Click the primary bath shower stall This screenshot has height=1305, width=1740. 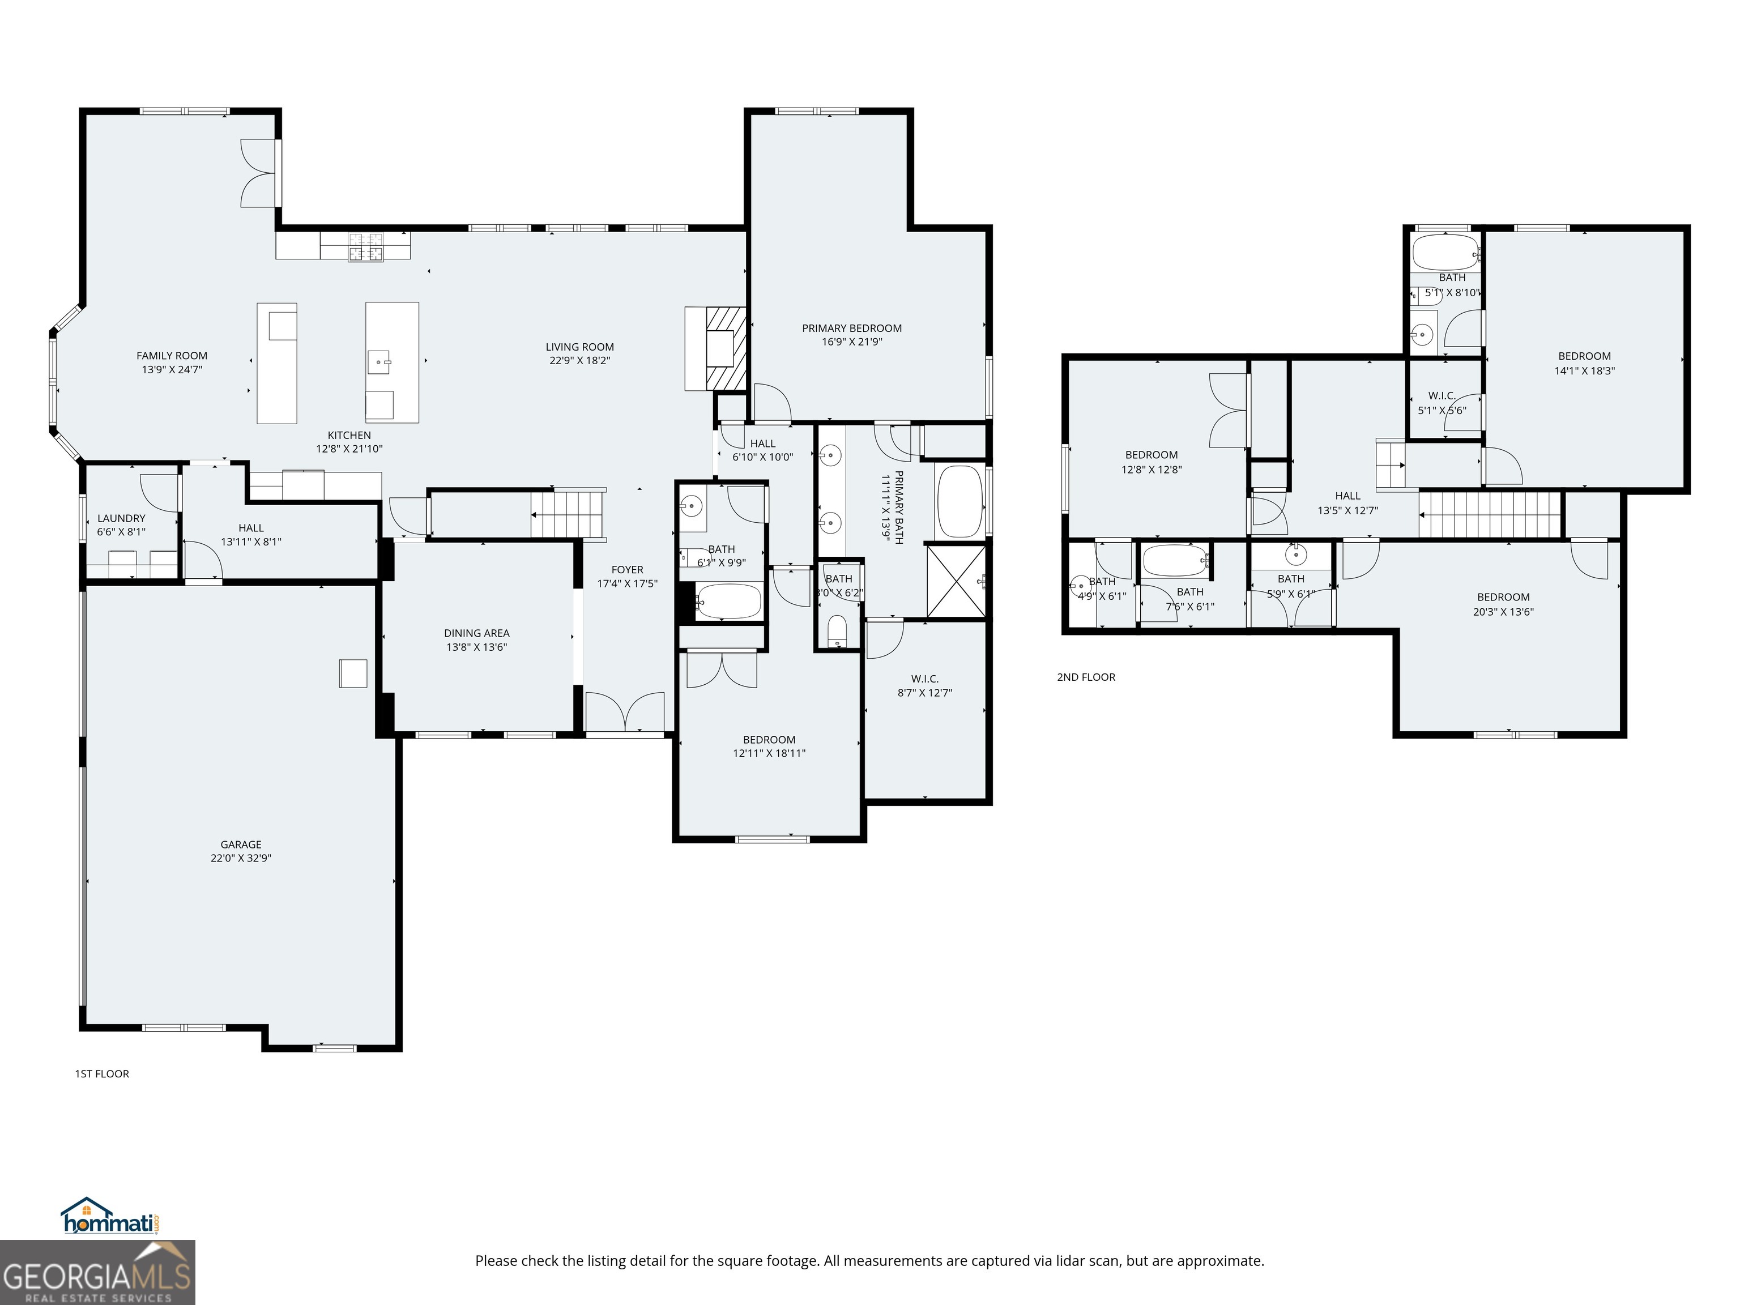[955, 581]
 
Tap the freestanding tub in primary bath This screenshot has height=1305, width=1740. [959, 502]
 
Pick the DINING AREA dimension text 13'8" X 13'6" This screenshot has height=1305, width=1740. [477, 647]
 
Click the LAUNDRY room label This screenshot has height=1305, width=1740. [121, 518]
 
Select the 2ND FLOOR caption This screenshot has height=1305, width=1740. [1086, 677]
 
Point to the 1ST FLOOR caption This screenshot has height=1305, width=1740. [101, 1074]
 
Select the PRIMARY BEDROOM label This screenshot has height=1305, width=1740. [851, 328]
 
